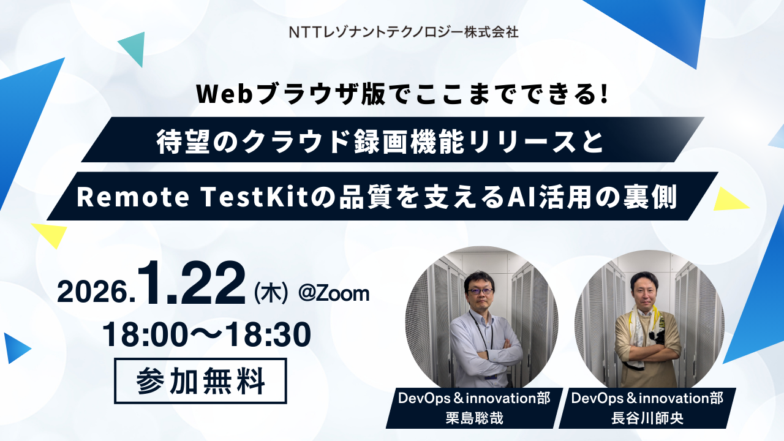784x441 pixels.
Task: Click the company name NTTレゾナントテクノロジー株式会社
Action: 404,32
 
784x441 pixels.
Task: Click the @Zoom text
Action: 333,293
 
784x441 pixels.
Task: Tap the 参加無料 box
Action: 200,381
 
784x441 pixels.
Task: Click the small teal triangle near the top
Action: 132,48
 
